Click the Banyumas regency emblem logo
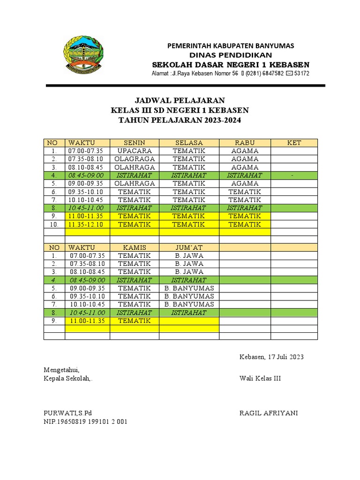83,54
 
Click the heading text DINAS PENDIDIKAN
231,55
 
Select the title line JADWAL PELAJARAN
180,101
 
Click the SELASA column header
189,142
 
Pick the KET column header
294,142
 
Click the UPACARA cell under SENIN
135,151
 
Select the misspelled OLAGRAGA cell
135,159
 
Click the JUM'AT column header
189,247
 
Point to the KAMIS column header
135,247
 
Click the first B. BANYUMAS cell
189,288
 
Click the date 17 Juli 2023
286,357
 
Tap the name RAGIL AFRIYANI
268,413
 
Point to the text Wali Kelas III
260,379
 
